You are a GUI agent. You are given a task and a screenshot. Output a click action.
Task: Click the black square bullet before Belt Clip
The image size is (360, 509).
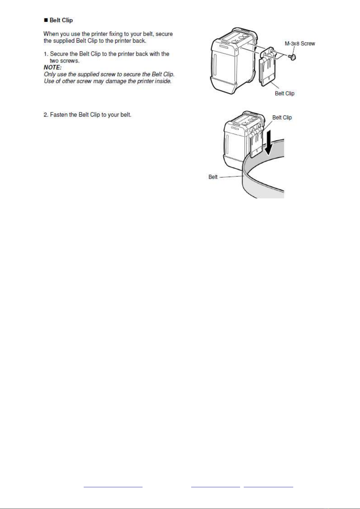[x=46, y=21]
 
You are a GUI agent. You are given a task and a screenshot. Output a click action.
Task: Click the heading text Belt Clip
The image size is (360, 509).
[x=61, y=20]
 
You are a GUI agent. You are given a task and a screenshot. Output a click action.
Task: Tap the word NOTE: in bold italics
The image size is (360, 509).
[x=53, y=67]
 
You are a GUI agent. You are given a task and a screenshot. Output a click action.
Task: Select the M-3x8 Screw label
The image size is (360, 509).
[x=300, y=43]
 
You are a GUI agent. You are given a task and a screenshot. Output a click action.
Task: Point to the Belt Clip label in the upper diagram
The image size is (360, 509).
[x=284, y=93]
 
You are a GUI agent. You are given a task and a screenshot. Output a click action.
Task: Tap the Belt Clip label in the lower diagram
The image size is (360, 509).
[x=282, y=118]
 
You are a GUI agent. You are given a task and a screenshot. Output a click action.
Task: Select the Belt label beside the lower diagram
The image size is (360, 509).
[x=213, y=177]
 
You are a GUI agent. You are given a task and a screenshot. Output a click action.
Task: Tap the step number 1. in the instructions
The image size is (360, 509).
[x=46, y=54]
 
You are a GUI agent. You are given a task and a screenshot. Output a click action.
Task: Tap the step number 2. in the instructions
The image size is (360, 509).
[x=46, y=115]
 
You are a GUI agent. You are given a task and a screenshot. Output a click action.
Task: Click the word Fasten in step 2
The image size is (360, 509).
[x=59, y=115]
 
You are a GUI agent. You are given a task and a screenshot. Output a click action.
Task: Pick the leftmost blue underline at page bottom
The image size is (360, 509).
[x=113, y=487]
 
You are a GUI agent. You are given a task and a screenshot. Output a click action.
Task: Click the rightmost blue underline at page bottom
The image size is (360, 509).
[x=268, y=487]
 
